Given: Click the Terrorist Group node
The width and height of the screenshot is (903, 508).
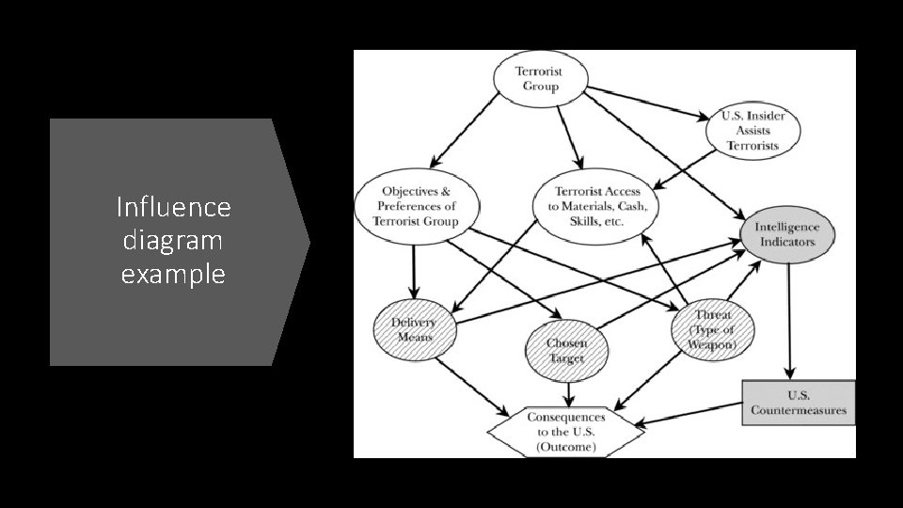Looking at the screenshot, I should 541,79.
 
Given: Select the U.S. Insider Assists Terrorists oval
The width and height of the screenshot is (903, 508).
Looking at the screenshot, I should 752,131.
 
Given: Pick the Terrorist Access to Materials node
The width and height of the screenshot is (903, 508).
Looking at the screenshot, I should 596,206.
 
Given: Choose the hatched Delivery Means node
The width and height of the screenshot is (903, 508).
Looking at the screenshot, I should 413,329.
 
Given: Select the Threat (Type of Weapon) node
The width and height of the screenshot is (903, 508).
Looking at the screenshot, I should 712,329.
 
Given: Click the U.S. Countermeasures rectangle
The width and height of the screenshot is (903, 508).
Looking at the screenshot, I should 799,403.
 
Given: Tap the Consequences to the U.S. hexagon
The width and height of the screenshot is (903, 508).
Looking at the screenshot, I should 565,432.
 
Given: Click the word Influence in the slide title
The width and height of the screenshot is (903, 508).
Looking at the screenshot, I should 173,206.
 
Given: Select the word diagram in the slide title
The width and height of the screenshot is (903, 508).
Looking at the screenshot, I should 173,240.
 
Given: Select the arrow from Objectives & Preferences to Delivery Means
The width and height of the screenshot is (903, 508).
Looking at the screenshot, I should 413,268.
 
